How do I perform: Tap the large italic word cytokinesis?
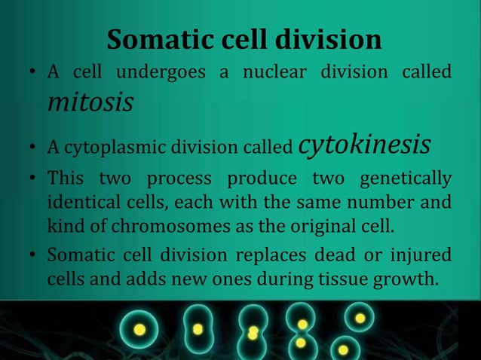point(365,144)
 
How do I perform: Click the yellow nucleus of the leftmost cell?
point(139,330)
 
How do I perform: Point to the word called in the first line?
point(427,73)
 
